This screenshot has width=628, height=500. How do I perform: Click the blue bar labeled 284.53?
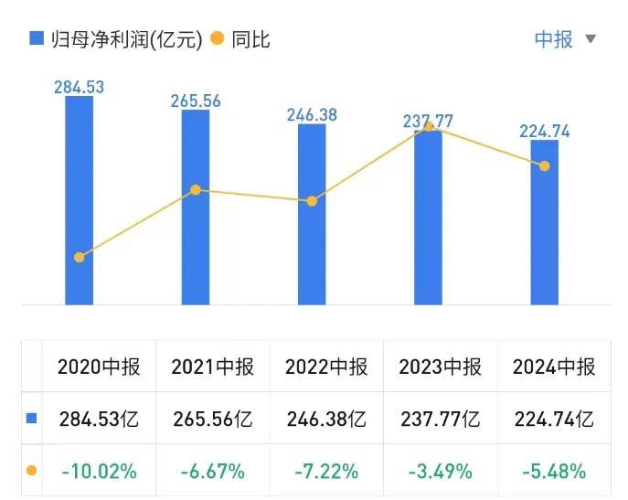coord(79,201)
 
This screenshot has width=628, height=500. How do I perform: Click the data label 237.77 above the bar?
coord(428,121)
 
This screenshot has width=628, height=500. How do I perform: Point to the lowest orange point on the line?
coord(79,257)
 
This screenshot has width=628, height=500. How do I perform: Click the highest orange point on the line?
coord(428,127)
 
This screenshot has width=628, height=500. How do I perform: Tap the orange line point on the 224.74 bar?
coord(545,166)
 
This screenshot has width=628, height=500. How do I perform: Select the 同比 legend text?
coord(251,39)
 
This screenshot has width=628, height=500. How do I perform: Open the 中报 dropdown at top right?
coord(564,39)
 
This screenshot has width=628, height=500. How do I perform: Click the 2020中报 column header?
coord(99,367)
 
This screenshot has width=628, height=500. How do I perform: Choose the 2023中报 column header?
coord(440,367)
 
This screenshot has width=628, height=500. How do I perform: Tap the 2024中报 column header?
coord(554,367)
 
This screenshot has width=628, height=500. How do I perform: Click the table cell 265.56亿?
coord(212,420)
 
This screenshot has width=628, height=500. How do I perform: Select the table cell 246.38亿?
coord(326,420)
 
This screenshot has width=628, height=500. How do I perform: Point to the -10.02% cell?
coord(99,472)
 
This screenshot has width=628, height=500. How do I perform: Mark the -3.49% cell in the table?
coord(440,472)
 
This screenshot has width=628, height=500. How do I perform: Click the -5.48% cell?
coord(554,472)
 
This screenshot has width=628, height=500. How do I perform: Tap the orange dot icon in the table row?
coord(32,472)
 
